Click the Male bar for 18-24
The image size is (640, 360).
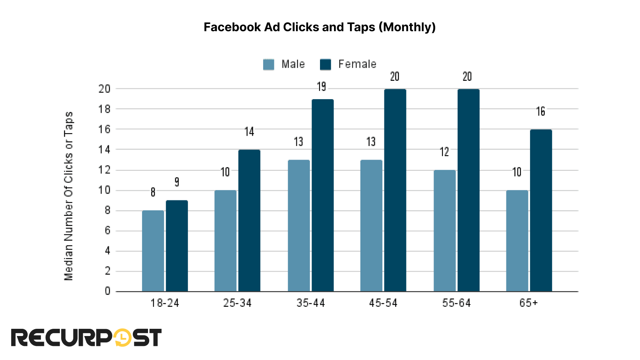[x=153, y=251]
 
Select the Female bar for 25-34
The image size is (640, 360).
[x=249, y=220]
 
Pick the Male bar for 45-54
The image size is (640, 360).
[x=371, y=226]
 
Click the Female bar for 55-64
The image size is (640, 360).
[x=468, y=190]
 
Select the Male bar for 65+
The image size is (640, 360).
[x=517, y=241]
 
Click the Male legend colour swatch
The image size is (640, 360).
[x=269, y=64]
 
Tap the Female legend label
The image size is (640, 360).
[x=357, y=64]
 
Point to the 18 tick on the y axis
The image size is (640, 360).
[x=104, y=109]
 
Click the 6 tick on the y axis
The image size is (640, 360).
[x=107, y=231]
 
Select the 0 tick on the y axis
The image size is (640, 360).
[x=107, y=292]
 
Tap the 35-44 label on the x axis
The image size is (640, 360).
[x=310, y=303]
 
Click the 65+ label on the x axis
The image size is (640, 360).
[x=528, y=303]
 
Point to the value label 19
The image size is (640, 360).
[x=322, y=87]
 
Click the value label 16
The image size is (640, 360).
[x=540, y=112]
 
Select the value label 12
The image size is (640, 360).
[x=444, y=152]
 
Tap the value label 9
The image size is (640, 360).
[x=177, y=182]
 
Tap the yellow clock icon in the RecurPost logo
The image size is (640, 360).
[x=123, y=338]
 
